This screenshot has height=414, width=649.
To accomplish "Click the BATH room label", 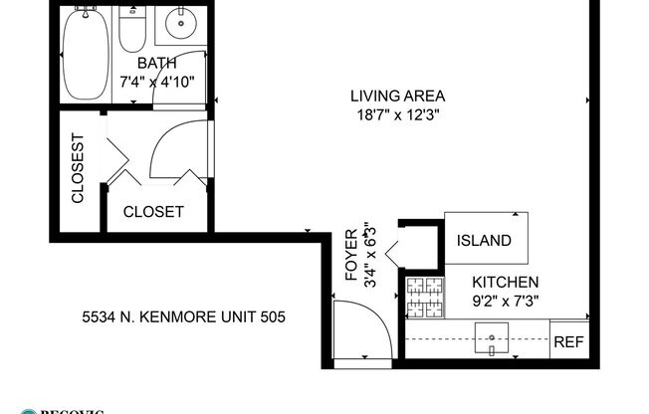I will (156, 64).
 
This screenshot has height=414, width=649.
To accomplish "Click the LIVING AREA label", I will (396, 97).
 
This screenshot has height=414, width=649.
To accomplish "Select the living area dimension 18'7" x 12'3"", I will (396, 114).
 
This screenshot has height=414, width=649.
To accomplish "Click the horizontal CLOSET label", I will (153, 212).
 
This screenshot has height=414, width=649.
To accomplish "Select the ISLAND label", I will (484, 241).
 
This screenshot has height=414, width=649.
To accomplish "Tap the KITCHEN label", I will (506, 283).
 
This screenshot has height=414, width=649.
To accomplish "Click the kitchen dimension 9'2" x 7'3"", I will (506, 301).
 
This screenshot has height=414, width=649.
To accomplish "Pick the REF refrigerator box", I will (568, 341).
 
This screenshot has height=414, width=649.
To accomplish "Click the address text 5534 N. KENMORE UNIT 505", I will (184, 318).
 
